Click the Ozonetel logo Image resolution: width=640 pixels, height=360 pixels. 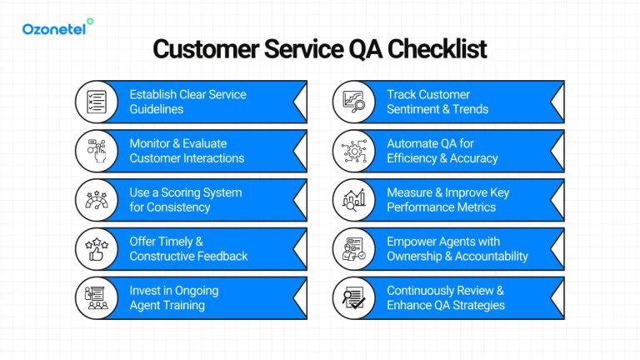[57, 27]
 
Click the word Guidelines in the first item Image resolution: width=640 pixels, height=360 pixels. [157, 109]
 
